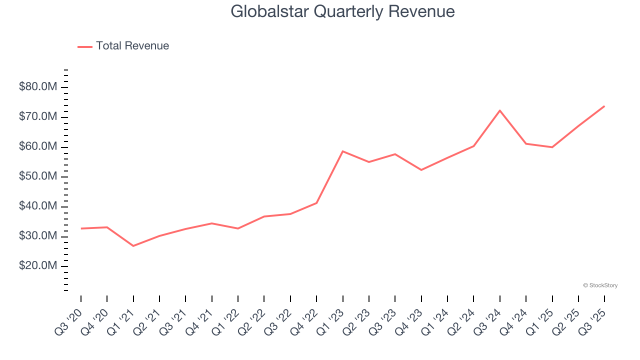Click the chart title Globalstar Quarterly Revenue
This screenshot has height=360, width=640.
point(342,11)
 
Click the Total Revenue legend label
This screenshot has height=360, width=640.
point(132,46)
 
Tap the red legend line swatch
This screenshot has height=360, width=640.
point(85,46)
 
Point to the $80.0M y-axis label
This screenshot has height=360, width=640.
point(38,87)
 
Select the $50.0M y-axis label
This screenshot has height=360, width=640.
point(38,176)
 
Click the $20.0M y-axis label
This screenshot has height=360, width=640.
point(38,265)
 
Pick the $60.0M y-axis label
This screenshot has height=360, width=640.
point(38,146)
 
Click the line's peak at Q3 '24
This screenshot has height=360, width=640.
point(500,110)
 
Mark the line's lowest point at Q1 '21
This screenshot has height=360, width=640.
point(133,246)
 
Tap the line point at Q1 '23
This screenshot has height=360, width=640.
point(342,151)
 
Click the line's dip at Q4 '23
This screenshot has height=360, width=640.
point(421,170)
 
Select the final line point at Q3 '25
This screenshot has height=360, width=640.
point(604,106)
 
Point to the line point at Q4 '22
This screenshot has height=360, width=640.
point(316,203)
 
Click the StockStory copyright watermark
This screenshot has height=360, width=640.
point(600,285)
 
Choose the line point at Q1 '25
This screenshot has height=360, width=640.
point(552,147)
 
